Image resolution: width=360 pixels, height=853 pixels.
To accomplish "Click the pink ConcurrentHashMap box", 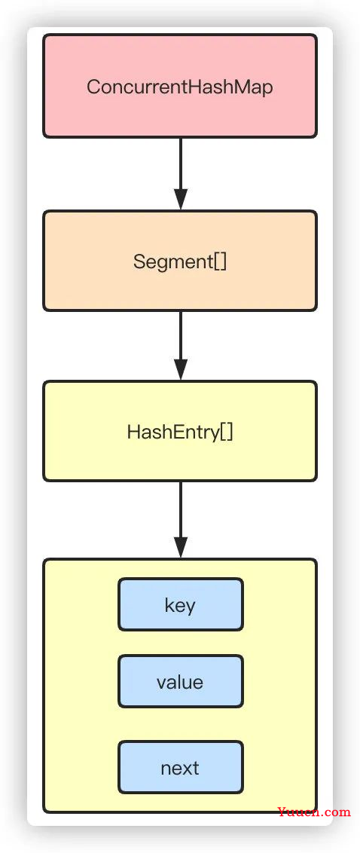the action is tap(180, 86).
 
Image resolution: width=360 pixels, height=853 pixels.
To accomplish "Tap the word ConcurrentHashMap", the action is tap(180, 87).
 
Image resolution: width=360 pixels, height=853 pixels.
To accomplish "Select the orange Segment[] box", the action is tap(180, 261).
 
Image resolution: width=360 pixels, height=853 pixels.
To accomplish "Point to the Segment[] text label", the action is tap(180, 261).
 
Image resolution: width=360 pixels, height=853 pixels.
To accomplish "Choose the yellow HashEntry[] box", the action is tap(180, 431).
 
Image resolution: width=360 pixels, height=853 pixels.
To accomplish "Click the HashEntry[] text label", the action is tap(180, 432).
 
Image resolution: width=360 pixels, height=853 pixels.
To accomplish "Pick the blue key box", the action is tap(181, 604).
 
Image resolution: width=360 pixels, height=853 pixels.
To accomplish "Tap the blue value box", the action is tap(181, 682).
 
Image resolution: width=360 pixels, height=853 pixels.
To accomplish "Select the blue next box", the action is tap(181, 767).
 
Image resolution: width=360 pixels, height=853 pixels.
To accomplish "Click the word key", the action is tap(180, 606).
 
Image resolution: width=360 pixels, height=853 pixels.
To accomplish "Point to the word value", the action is tap(180, 682).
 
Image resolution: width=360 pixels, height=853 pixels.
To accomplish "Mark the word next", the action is tap(180, 768).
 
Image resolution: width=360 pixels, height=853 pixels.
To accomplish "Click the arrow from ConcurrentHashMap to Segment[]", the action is tap(181, 174).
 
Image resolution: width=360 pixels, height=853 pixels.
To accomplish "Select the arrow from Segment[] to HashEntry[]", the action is tap(181, 346).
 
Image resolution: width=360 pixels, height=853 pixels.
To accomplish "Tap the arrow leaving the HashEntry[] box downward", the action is tap(181, 520).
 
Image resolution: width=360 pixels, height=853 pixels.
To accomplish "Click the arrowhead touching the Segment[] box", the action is tap(181, 200).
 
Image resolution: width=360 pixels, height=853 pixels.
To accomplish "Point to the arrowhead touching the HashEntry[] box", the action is tap(181, 370).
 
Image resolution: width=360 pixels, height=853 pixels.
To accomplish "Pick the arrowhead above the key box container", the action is tap(181, 548).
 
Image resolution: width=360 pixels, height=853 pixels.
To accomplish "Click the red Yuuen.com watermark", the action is tap(314, 812).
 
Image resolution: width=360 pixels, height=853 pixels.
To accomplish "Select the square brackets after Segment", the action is tap(220, 262).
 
